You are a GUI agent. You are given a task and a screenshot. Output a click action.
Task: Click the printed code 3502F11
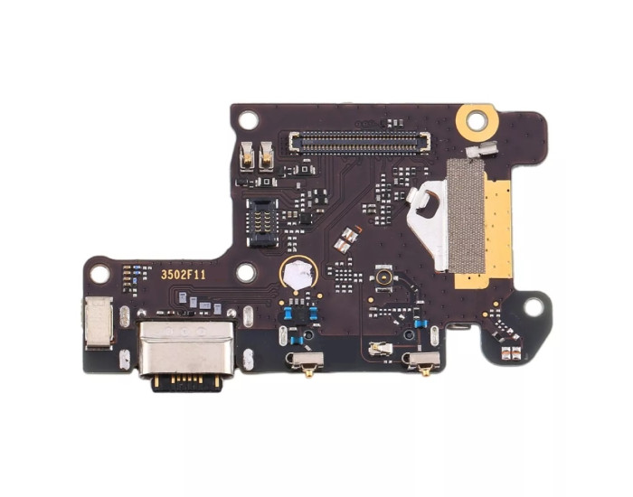pos(184,275)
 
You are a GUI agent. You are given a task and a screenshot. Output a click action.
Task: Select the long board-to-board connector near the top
pos(360,143)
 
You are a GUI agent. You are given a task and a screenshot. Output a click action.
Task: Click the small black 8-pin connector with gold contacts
pos(263,222)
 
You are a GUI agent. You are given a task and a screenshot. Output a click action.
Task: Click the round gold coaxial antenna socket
pos(383,277)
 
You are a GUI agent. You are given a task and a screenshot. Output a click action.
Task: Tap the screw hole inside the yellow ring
pos(477,120)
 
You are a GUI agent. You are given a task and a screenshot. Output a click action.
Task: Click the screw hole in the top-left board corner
pos(248,120)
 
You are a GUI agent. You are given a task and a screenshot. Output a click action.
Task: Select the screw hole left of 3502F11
pos(99,275)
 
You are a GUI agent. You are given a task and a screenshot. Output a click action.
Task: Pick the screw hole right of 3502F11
pos(246,272)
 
